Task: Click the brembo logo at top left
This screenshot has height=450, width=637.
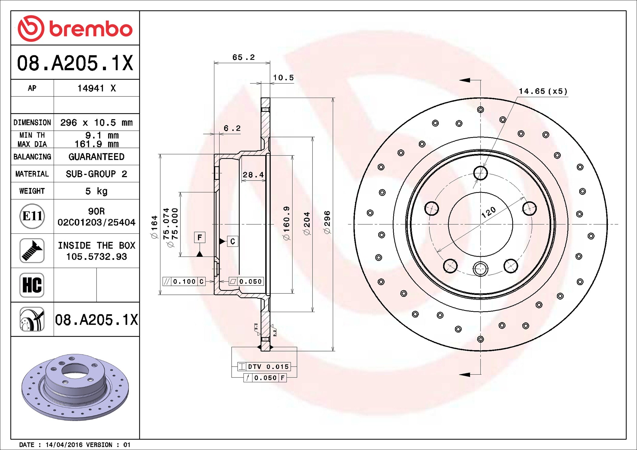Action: pos(75,28)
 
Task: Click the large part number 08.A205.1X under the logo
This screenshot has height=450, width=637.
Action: pos(75,63)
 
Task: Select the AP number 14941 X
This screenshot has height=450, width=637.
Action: pos(97,88)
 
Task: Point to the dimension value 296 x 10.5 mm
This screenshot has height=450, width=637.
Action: pos(96,122)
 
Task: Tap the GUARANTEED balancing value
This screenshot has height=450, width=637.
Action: pos(96,157)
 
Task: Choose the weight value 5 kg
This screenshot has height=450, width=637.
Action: pos(96,191)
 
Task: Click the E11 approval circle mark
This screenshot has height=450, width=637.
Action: pos(32,216)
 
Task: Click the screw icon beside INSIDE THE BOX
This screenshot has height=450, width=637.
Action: pos(32,250)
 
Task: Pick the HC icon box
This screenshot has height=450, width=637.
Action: pos(32,285)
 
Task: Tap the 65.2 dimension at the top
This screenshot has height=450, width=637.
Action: pos(243,57)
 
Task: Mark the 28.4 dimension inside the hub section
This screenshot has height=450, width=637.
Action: pos(253,175)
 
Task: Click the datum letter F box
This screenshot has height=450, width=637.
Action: pos(200,237)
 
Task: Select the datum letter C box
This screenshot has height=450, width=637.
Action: pos(233,241)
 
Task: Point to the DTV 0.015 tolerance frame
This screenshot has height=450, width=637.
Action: pos(264,367)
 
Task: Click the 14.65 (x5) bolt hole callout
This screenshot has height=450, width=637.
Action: pos(543,91)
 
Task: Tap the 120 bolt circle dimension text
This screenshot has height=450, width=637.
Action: pos(489,212)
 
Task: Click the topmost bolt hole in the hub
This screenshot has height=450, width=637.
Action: pos(480,173)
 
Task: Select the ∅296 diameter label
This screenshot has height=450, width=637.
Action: pos(327,222)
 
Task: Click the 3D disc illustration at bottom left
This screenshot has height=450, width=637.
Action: pos(75,387)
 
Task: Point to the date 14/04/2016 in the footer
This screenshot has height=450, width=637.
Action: pos(64,445)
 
